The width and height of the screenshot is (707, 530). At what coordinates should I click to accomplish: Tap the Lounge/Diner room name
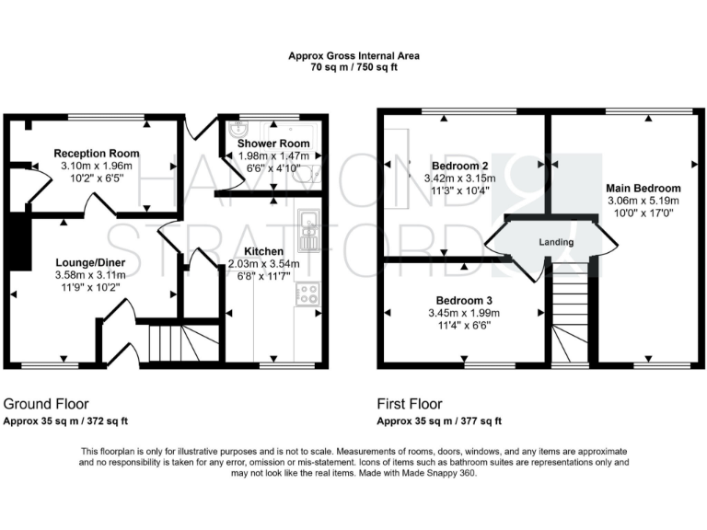coord(89,263)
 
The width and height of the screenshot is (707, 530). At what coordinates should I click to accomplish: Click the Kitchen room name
coord(263,251)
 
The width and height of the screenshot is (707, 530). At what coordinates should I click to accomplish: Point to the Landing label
coord(556,243)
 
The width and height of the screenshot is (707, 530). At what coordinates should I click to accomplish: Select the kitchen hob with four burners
coord(307,294)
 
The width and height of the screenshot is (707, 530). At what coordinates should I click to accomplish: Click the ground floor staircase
coord(180,342)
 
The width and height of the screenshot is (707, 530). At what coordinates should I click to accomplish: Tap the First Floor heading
coord(410,404)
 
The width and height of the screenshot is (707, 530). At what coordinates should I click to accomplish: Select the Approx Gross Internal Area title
coord(353,56)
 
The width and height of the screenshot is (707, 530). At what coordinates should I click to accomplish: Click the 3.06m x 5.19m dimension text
coord(643,201)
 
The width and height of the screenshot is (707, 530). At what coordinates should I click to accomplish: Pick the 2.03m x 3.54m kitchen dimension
coord(263,263)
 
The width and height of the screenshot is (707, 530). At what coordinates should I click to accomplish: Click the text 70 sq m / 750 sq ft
coord(353,67)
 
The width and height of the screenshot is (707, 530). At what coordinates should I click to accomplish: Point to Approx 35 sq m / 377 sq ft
coord(439,421)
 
